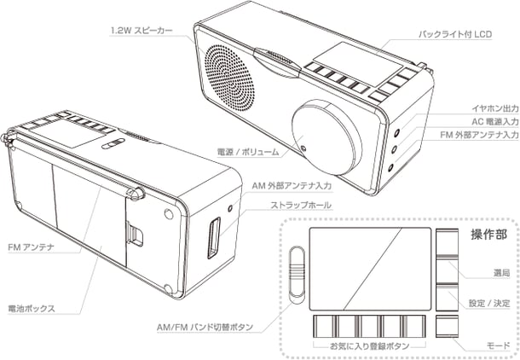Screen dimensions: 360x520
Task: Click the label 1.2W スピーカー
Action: (142, 31)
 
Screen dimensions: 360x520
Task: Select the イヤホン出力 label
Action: (490, 108)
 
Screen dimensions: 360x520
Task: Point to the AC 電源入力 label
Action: (489, 121)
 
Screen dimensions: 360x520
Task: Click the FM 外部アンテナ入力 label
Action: (482, 134)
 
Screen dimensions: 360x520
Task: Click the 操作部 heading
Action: (488, 235)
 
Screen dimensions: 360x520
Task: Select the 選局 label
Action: (501, 273)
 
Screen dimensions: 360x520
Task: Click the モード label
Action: (500, 346)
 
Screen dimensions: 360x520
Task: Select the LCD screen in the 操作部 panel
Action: (368, 267)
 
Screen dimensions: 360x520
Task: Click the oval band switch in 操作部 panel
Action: (296, 273)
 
